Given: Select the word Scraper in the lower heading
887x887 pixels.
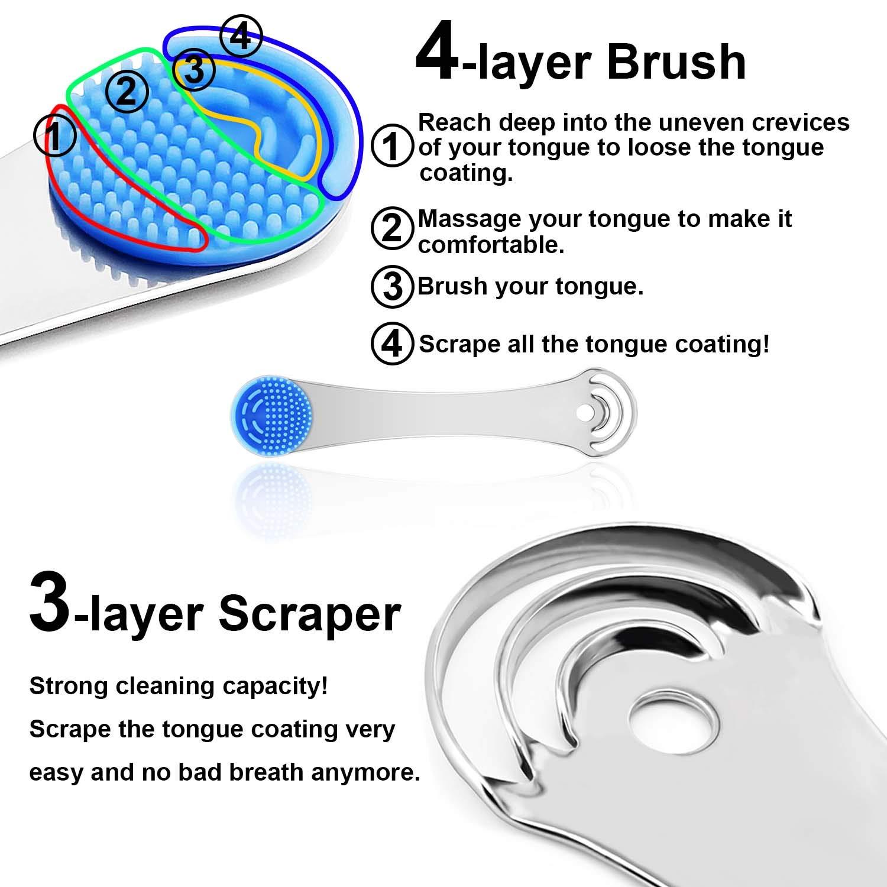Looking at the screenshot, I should tap(310, 615).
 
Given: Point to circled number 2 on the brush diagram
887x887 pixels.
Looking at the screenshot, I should tap(127, 92).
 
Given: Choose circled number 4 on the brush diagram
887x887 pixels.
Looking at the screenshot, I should tap(240, 37).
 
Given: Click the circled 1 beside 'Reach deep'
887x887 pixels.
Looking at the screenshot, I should tap(391, 147).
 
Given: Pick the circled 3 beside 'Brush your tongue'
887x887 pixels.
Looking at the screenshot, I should tap(391, 287).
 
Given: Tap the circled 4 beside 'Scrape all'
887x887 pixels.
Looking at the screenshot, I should tap(391, 344).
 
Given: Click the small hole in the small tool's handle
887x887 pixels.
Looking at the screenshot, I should tap(587, 409).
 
